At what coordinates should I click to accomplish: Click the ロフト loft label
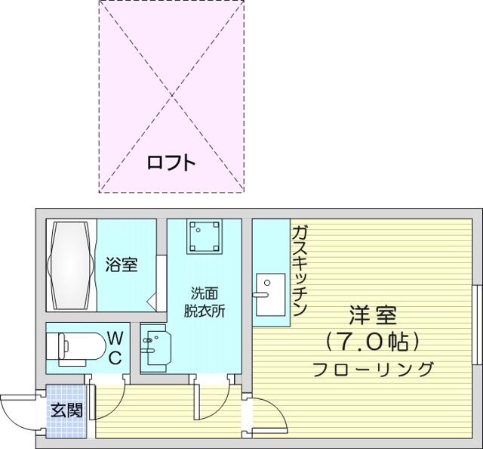[x=171, y=163]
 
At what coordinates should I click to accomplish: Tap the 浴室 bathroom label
[x=122, y=265]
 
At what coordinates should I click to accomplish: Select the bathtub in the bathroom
[x=71, y=265]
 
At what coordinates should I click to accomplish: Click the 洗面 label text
[x=205, y=293]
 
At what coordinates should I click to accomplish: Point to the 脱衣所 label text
[x=205, y=311]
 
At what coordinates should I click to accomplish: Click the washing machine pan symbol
[x=205, y=237]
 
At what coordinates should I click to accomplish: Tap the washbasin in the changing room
[x=156, y=348]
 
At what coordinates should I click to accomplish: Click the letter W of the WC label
[x=115, y=338]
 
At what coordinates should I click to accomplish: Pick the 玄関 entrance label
[x=67, y=410]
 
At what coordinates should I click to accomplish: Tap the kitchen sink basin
[x=271, y=294]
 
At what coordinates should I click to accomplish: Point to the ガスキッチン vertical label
[x=299, y=271]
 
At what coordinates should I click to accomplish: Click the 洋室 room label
[x=373, y=315]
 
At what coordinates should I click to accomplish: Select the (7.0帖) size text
[x=373, y=342]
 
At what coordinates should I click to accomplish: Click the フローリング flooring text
[x=373, y=369]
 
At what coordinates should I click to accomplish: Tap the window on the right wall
[x=478, y=324]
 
